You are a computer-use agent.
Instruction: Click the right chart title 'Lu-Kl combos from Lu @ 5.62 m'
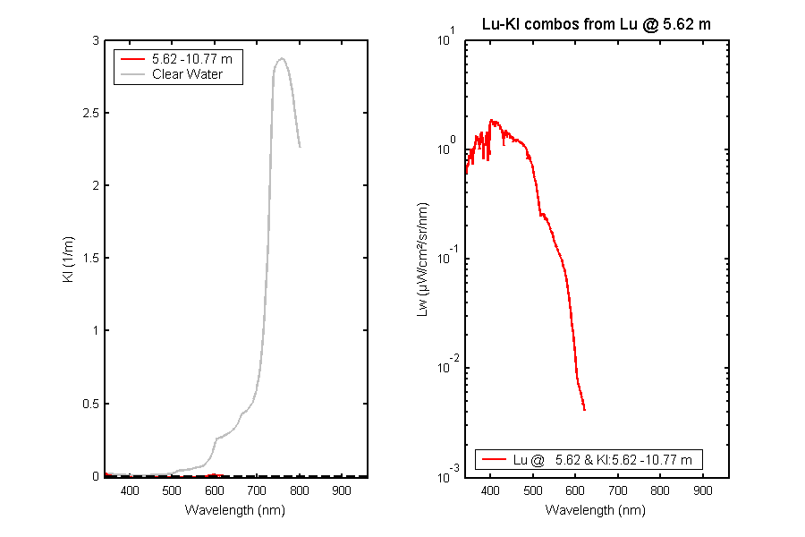point(596,24)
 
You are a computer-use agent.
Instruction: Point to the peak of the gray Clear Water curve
point(282,58)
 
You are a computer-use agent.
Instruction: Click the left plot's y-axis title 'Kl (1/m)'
point(68,260)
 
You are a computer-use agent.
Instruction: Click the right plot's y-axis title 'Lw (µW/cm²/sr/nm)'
point(422,260)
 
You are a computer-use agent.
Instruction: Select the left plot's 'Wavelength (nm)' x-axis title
point(234,510)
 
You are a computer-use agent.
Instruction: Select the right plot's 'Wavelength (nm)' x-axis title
point(596,510)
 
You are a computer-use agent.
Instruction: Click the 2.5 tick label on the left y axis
point(91,113)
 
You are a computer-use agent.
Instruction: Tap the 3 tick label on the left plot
point(96,40)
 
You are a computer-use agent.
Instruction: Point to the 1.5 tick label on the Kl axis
point(91,258)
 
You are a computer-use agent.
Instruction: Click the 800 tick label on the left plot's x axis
point(300,490)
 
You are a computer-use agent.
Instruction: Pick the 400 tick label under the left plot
point(130,490)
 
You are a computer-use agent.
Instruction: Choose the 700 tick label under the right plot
point(617,490)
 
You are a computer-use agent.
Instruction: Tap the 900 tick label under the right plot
point(702,490)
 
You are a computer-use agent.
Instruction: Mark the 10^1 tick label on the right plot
point(446,38)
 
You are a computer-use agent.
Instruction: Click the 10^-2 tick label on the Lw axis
point(446,365)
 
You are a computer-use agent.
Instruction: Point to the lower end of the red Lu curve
point(584,410)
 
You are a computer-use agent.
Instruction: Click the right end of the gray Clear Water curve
point(300,147)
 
